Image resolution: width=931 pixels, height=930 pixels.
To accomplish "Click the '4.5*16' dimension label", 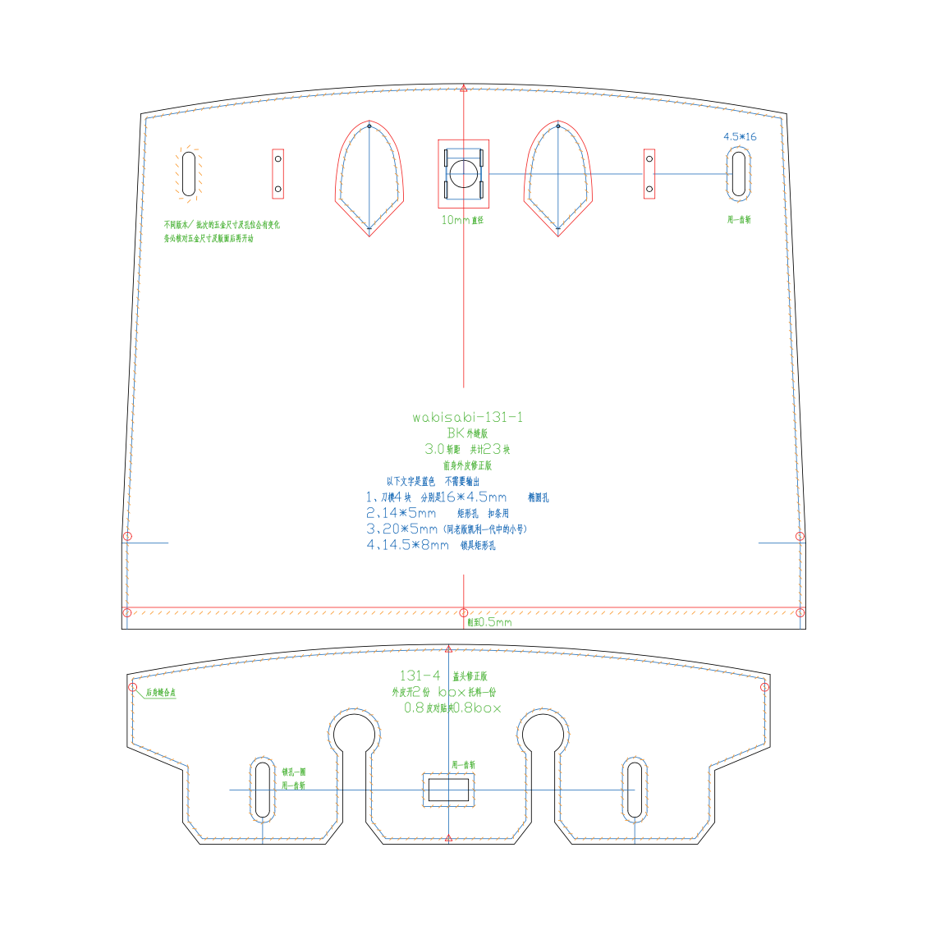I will point(740,136).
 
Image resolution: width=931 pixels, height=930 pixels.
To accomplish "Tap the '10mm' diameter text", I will point(456,220).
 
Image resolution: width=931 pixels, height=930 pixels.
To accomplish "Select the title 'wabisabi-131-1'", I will point(467,417).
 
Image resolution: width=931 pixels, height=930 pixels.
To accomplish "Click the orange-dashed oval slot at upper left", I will point(189,173).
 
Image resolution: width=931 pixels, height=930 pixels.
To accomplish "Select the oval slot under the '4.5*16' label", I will point(739,174).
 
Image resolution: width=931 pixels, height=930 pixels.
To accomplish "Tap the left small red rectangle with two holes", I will point(277,173).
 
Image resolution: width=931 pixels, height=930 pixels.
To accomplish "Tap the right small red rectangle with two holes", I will point(649,173).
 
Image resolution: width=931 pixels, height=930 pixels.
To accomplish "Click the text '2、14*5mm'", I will point(401,513).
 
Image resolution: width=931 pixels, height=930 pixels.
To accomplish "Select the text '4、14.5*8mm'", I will point(407,545).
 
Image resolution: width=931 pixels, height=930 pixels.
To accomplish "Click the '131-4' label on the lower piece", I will point(420,676).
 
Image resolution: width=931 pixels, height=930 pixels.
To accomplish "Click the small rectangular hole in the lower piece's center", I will point(448,790).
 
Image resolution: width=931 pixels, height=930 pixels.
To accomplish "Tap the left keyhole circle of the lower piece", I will point(354,731).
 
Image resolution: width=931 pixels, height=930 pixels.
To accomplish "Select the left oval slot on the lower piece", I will point(262,790).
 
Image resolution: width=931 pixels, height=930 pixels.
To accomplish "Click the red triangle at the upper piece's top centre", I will point(464,88).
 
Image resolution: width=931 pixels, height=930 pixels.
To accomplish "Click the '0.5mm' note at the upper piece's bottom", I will point(494,622).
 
